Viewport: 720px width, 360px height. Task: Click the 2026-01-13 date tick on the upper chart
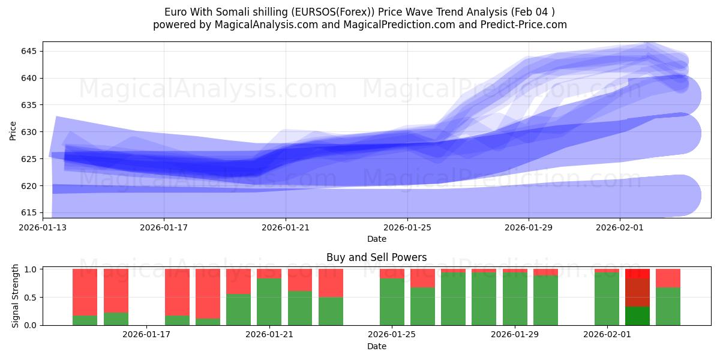[43, 227]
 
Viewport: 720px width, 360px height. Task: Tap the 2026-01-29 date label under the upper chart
[529, 227]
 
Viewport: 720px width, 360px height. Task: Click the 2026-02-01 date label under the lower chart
[607, 335]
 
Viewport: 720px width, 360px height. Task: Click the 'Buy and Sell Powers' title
[376, 257]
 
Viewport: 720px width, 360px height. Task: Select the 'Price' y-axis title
[13, 130]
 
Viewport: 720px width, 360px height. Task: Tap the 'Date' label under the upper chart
[376, 239]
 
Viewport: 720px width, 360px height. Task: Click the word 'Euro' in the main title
[176, 12]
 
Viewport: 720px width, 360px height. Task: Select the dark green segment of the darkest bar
[637, 316]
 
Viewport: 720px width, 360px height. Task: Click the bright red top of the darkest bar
[637, 273]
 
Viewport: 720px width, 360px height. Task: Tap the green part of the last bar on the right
[668, 306]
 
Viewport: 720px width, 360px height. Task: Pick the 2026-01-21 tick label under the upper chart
[286, 227]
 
